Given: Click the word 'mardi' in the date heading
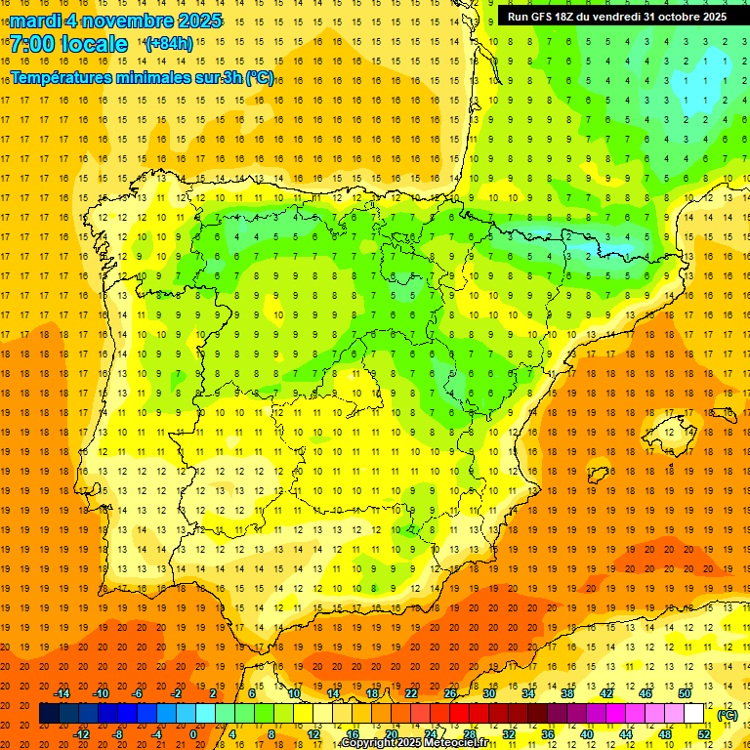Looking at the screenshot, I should [x=35, y=21].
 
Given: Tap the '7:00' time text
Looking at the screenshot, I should [x=31, y=44].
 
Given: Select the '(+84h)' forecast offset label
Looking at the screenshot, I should [x=168, y=44].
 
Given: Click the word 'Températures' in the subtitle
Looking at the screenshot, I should [x=60, y=78].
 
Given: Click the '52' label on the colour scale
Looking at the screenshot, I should [x=704, y=734].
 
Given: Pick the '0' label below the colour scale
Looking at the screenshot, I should [x=193, y=734].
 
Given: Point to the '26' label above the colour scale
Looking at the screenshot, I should [x=450, y=693].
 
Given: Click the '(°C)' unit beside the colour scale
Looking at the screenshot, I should [x=728, y=715].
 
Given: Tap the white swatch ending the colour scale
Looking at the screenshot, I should [x=694, y=714].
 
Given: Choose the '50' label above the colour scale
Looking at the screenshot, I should [x=685, y=693].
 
